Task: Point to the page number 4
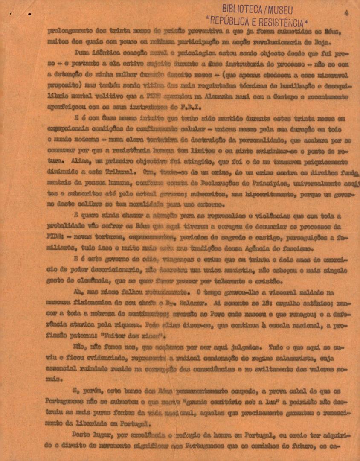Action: [346, 13]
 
